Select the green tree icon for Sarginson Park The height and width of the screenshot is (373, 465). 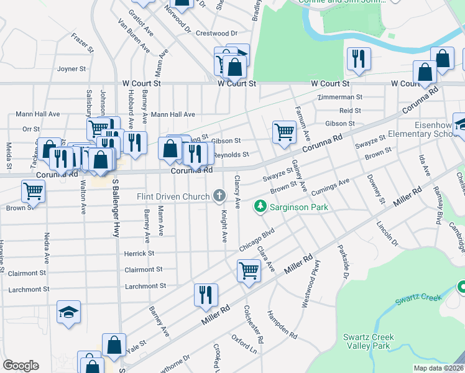click(260, 206)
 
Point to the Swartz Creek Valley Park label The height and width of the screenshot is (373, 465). click(369, 341)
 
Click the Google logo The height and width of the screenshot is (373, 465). click(21, 366)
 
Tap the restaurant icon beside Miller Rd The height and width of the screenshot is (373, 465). click(206, 295)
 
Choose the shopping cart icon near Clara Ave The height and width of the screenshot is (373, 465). click(248, 271)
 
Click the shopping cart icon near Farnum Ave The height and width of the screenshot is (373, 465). click(284, 131)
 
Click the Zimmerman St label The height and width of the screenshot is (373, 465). click(339, 98)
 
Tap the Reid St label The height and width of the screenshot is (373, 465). click(350, 110)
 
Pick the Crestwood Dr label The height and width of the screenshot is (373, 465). click(213, 33)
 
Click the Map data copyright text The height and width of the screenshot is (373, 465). click(438, 368)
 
